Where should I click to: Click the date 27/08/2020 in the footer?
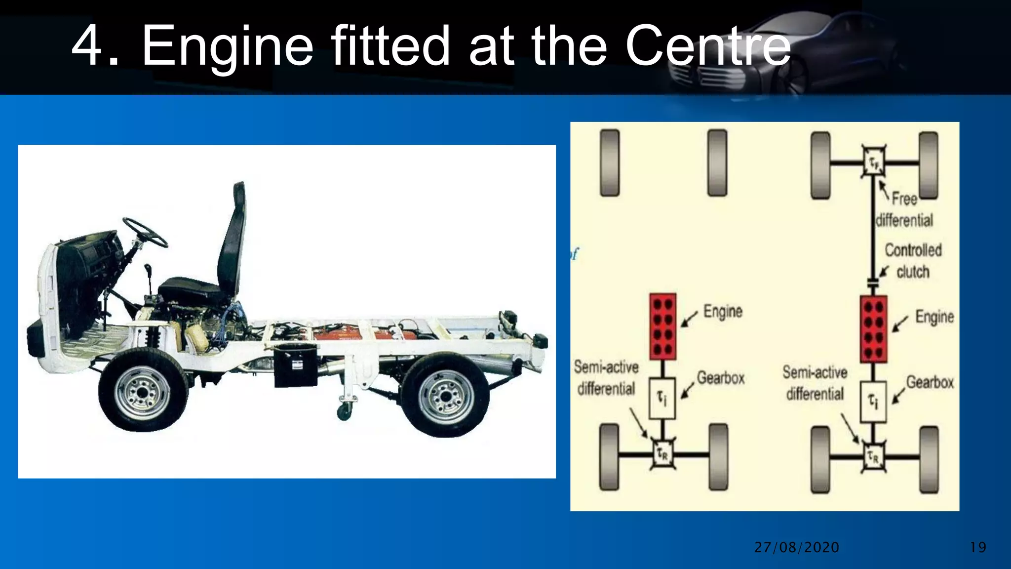point(796,547)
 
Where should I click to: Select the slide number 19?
point(978,547)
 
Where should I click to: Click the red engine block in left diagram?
point(662,326)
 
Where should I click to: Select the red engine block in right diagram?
point(873,329)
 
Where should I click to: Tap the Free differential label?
point(904,209)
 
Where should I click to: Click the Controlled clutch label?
point(912,261)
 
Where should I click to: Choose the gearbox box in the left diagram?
point(661,398)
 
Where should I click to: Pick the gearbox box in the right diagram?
point(873,402)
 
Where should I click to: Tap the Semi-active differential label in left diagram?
point(606,378)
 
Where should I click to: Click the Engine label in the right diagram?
point(934,317)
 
